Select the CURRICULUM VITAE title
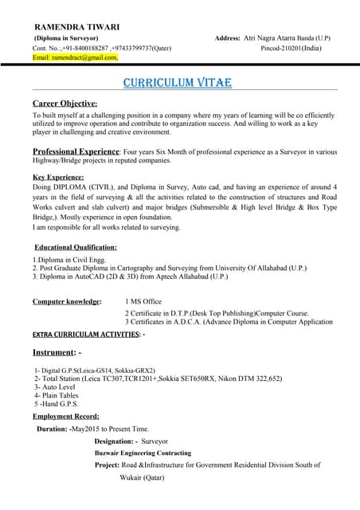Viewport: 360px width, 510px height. (x=178, y=83)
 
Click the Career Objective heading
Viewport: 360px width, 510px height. (x=65, y=104)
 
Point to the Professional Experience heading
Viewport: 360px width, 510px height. (x=75, y=151)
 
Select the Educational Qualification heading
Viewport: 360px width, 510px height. (x=76, y=247)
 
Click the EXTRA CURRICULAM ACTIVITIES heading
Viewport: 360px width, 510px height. (x=87, y=334)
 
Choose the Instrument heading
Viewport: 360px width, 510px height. (x=57, y=351)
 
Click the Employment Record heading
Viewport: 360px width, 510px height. (x=65, y=416)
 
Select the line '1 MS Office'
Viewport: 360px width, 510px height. (x=143, y=302)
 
